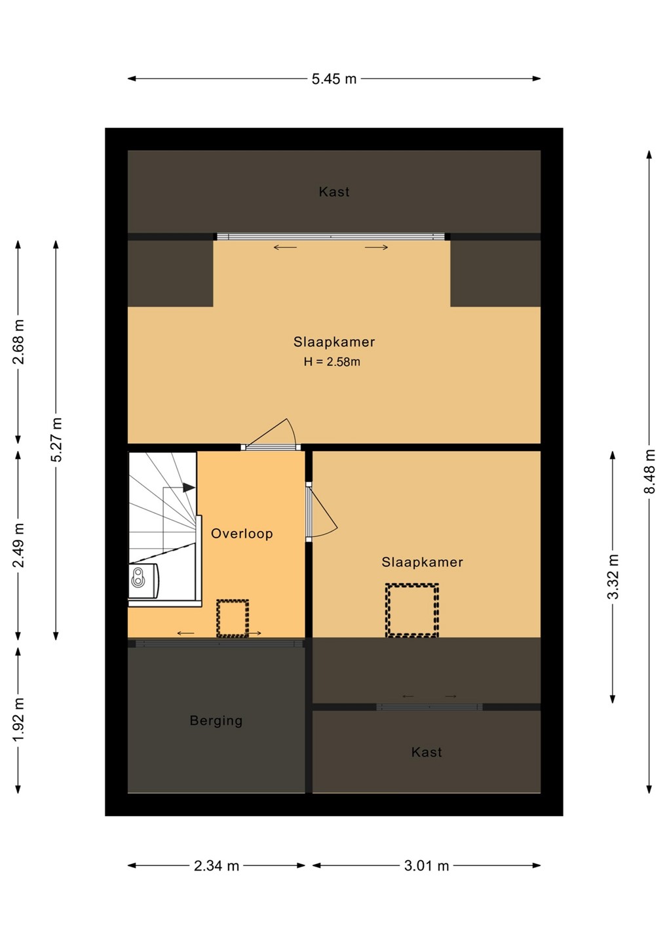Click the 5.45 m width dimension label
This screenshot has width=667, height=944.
[334, 79]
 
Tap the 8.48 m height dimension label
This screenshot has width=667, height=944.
[651, 471]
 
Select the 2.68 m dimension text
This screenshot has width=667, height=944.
[18, 342]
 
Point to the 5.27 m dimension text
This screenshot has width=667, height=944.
[56, 439]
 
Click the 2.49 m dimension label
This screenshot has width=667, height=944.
[18, 545]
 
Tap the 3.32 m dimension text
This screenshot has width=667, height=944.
[613, 576]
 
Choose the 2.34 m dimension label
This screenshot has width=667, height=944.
[216, 866]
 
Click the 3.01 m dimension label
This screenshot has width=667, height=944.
[427, 866]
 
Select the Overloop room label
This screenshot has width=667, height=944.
[242, 534]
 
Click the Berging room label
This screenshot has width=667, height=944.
[216, 720]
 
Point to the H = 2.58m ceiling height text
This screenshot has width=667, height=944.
[332, 362]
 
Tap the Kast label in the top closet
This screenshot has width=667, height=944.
[334, 191]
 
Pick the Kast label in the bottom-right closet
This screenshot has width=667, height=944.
[427, 753]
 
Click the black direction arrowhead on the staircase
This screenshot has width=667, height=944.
[189, 488]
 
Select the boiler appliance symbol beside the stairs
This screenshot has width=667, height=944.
[143, 581]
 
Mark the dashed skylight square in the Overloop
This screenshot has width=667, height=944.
[233, 618]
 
